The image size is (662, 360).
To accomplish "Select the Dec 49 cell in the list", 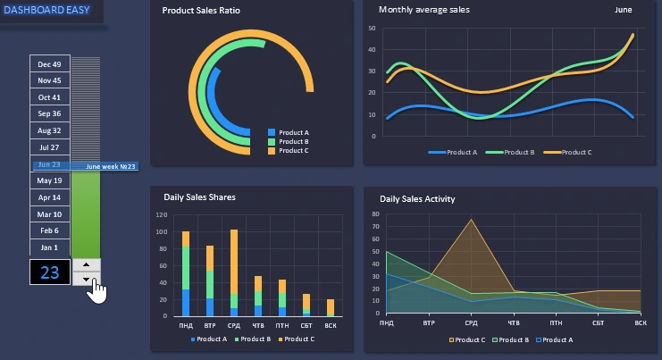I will pos(49,64).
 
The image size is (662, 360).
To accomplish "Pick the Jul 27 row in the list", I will pos(49,147).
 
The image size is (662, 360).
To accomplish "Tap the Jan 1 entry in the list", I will pos(49,247).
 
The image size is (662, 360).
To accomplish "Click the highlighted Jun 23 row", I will pos(51,164).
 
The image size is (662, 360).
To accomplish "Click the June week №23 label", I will pos(111,166).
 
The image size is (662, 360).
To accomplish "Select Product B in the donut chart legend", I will pos(293,141).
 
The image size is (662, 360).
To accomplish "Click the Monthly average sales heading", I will pos(423,10).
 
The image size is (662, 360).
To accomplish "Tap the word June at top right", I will pos(624,10).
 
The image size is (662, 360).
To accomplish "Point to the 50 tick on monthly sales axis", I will pos(371,29).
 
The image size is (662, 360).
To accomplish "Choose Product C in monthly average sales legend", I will pos(576,153).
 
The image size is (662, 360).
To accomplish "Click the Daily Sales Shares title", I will pos(199,197).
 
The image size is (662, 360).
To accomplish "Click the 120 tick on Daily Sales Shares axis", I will pos(162,215).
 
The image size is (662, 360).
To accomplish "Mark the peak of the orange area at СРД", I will pos(471,220).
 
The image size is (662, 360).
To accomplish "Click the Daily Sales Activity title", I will pos(417,199).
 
